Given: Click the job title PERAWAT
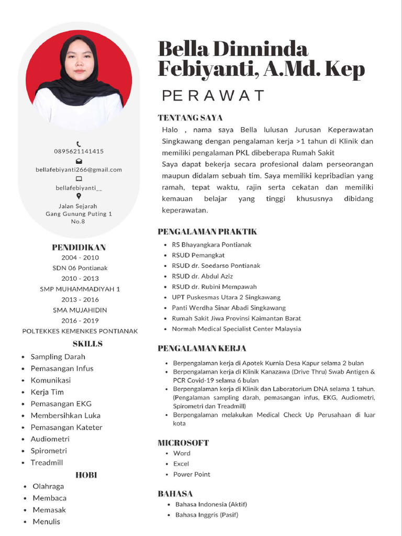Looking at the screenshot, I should point(213,96).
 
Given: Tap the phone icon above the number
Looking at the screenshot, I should point(79,143).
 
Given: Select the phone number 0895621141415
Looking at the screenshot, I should point(79,151).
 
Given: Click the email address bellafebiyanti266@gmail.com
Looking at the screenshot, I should point(79,170).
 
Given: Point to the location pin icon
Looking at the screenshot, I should point(79,197).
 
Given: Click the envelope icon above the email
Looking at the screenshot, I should point(79,161).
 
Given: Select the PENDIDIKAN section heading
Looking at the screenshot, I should point(79,247).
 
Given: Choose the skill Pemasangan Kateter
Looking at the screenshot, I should point(66,427).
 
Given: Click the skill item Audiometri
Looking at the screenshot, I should point(50,439).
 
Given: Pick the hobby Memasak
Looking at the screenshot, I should point(49,510).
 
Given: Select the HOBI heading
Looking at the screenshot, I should point(86,475).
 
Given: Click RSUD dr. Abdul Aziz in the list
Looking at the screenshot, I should point(202,276).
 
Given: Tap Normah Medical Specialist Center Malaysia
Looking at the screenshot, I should point(236,329).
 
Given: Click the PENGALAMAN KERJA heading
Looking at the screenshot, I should point(202,348).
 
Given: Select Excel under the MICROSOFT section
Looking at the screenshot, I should point(181,464).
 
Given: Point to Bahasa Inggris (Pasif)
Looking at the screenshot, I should point(206,515).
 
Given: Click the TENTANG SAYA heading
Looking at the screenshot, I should point(190,118).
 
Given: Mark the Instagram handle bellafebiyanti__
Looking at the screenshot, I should point(79,187).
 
